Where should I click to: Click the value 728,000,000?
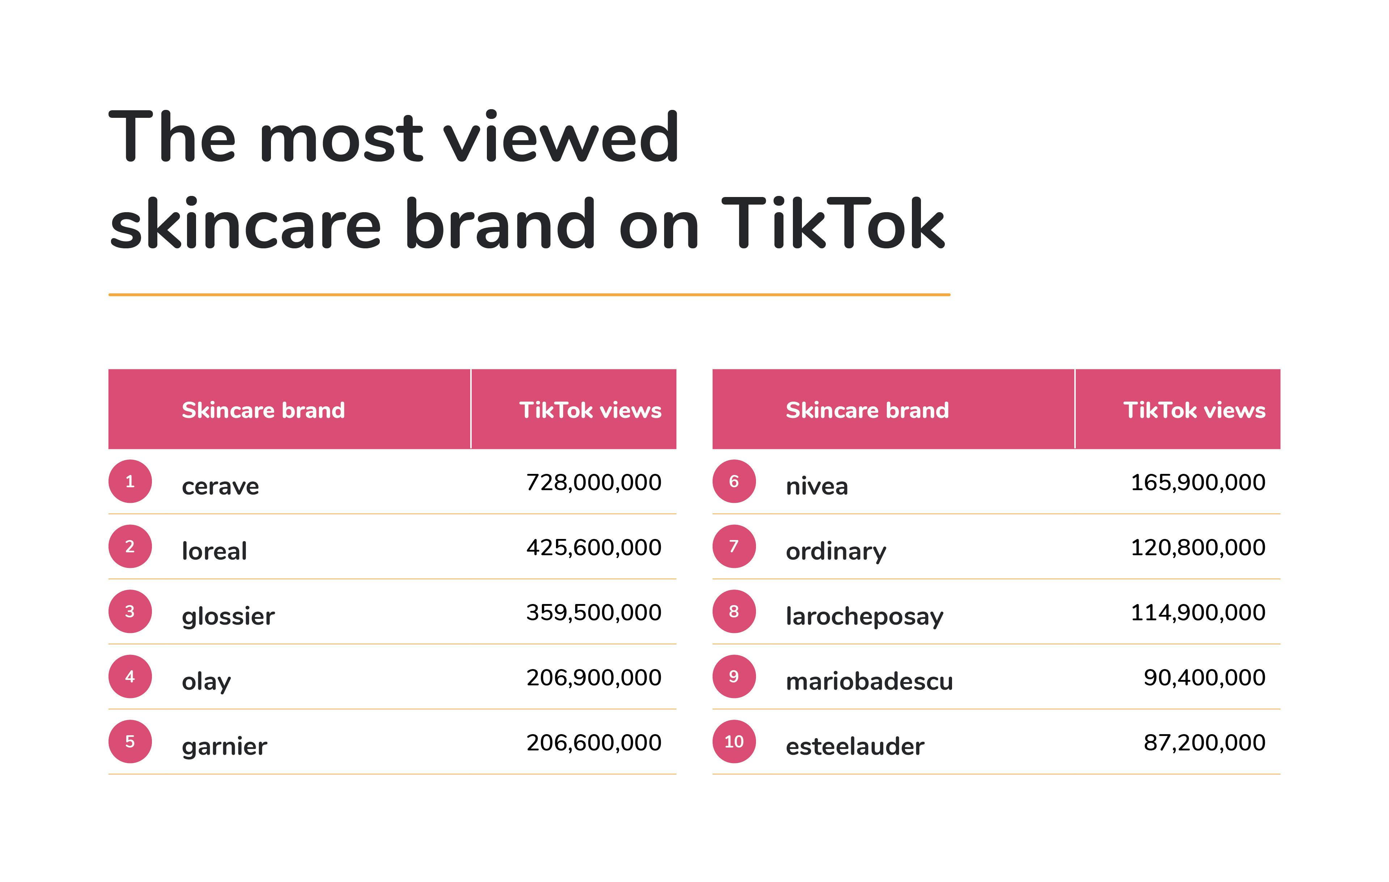click(x=594, y=483)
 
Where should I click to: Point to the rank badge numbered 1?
click(x=130, y=481)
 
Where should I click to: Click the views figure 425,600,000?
click(x=594, y=548)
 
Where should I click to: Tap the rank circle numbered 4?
click(x=130, y=676)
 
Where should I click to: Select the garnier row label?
click(x=224, y=746)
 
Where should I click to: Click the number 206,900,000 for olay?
click(x=594, y=678)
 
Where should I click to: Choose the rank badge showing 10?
click(x=734, y=741)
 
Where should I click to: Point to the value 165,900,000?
click(x=1198, y=483)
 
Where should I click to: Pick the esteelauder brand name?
click(x=855, y=746)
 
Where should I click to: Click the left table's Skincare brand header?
click(x=263, y=410)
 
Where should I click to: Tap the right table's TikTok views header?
click(x=1195, y=410)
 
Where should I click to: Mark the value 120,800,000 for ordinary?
click(x=1198, y=548)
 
